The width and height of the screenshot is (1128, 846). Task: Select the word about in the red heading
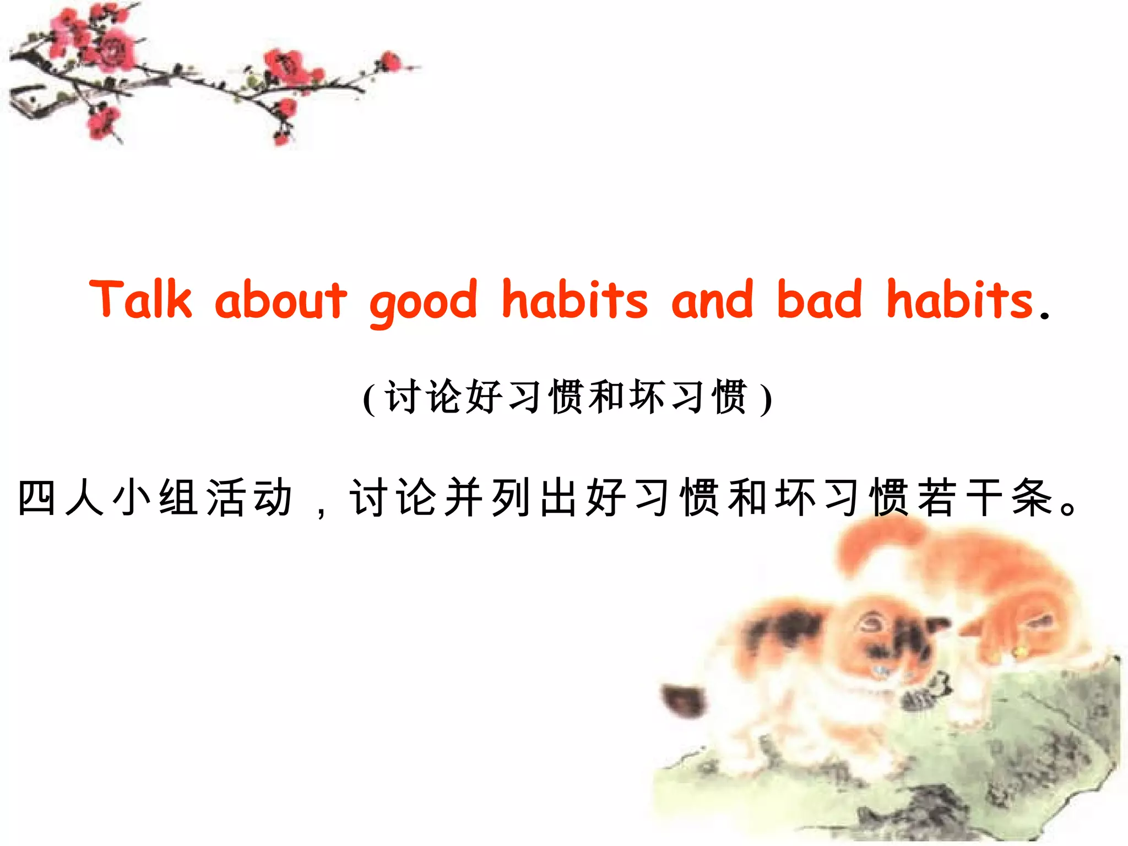point(281,300)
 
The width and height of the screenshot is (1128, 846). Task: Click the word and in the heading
point(712,300)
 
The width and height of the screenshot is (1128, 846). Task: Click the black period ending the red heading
point(1044,316)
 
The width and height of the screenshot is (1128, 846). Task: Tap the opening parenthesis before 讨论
point(370,398)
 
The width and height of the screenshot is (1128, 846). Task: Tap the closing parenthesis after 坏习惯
point(766,398)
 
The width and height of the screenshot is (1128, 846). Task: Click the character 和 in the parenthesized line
point(606,397)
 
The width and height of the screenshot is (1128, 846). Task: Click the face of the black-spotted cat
point(881,644)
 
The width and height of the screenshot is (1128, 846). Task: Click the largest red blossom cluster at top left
point(113,50)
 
